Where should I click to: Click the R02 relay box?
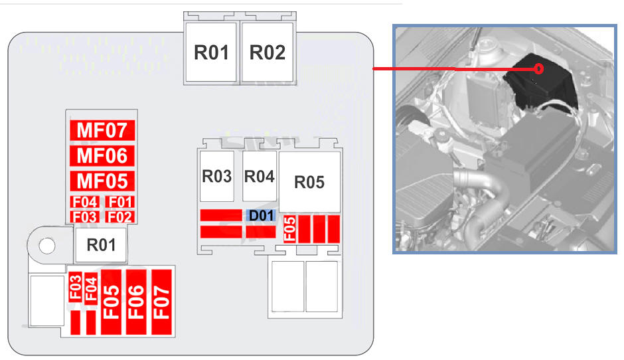[x=267, y=52]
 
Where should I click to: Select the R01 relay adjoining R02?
[x=211, y=52]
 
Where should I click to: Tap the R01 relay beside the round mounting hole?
[x=101, y=245]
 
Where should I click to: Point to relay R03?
[x=217, y=176]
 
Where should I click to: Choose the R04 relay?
[x=260, y=176]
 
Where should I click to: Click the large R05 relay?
[x=309, y=182]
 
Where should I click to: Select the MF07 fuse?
[x=102, y=130]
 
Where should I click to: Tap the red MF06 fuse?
[x=102, y=155]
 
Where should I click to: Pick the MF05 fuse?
[x=102, y=181]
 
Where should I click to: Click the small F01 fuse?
[x=120, y=202]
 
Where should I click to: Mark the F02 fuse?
[x=120, y=217]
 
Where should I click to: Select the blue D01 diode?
[x=261, y=215]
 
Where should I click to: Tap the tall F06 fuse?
[x=136, y=302]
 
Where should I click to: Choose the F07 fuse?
[x=161, y=302]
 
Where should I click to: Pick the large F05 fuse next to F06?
[x=111, y=302]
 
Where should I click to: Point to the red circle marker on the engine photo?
[x=539, y=69]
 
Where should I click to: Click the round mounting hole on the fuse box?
[x=47, y=245]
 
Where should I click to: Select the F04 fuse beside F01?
[x=84, y=202]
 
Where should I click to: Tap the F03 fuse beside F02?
[x=84, y=217]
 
